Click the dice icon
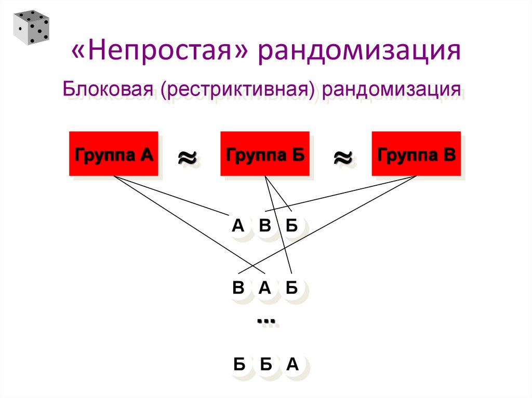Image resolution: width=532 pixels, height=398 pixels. (x=31, y=26)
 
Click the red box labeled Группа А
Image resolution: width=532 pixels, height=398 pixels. (x=114, y=154)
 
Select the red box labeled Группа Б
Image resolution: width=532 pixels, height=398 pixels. (x=265, y=154)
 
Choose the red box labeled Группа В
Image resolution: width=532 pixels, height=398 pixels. (x=416, y=154)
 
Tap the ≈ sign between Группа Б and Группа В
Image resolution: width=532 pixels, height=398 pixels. (x=341, y=157)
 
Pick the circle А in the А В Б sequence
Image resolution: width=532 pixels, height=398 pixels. (x=238, y=226)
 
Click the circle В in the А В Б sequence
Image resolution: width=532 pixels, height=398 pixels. (x=265, y=226)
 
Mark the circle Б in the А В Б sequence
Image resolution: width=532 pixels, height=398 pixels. (x=291, y=226)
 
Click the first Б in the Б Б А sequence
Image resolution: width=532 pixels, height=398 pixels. (x=239, y=365)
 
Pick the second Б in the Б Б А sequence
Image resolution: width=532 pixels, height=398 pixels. (x=265, y=365)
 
